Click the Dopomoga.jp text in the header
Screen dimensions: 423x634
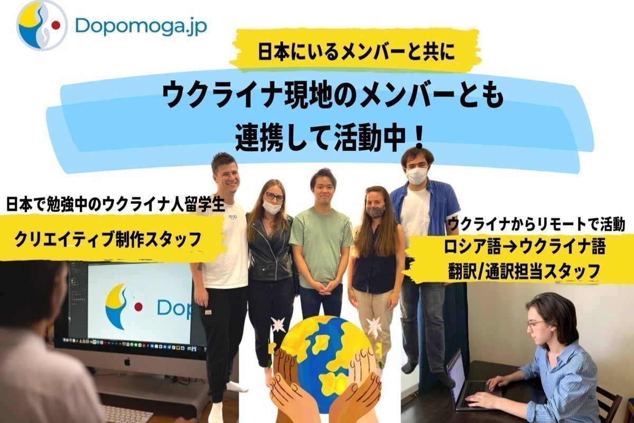coord(141,25)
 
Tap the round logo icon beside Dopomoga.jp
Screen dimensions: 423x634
coord(42,25)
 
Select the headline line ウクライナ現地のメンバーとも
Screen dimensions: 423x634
coord(332,97)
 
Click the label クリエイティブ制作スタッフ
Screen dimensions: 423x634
coord(108,240)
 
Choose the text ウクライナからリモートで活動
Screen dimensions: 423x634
coord(536,225)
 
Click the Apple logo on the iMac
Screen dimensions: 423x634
coord(127,362)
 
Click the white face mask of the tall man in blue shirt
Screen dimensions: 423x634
coord(416,176)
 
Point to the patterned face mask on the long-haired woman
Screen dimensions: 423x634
coord(376,211)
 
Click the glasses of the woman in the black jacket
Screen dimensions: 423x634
coord(274,196)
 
